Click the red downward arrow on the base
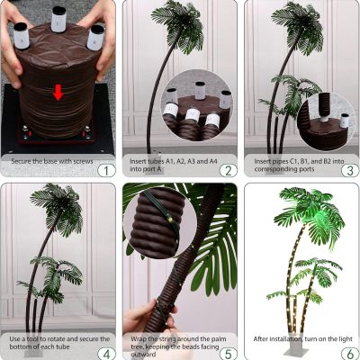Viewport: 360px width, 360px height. point(58,93)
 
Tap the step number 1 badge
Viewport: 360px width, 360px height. point(106,171)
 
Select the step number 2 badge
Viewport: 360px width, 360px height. point(229,171)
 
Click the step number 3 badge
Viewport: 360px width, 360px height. point(350,171)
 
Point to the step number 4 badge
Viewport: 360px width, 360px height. point(106,354)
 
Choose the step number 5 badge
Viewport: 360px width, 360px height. point(229,354)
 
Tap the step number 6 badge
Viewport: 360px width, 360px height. point(350,354)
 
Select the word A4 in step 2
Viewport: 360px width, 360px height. point(213,161)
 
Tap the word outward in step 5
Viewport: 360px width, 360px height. point(143,355)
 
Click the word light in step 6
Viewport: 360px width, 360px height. point(346,339)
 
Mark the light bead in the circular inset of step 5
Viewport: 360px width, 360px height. point(170,220)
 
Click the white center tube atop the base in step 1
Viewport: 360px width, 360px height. point(58,19)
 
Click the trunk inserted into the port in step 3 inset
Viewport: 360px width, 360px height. point(324,107)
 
